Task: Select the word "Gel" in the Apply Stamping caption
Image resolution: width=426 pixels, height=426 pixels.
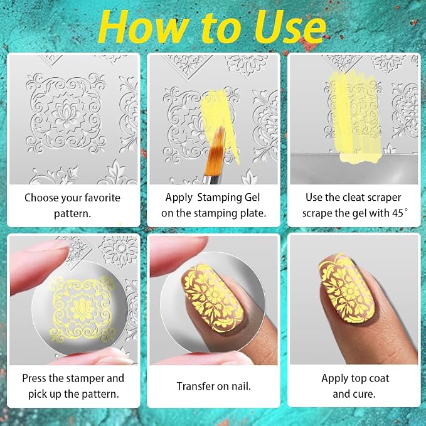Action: coord(252,198)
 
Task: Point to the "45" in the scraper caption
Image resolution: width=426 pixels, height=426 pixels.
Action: coord(398,213)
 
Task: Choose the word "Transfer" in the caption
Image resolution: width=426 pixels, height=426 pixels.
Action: coord(194,386)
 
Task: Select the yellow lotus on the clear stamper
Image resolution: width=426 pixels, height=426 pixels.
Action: coord(82,309)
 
